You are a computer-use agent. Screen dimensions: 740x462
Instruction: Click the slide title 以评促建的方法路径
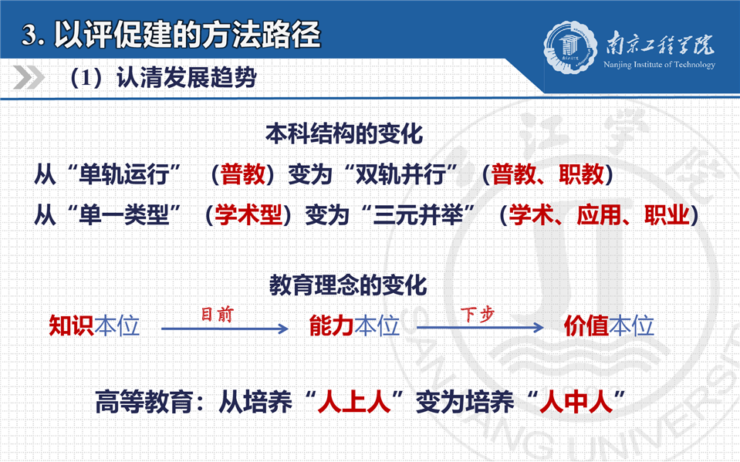point(188,35)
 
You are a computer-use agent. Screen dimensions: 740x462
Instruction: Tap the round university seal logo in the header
point(569,48)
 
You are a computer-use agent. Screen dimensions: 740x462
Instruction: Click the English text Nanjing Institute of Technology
point(659,65)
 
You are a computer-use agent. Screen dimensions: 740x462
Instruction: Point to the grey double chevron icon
point(29,77)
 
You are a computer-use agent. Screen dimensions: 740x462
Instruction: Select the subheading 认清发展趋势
point(187,78)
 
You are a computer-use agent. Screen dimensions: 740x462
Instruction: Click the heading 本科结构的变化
point(344,134)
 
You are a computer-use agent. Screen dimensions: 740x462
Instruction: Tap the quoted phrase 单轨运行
point(124,174)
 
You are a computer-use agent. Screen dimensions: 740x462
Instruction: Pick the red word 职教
point(581,174)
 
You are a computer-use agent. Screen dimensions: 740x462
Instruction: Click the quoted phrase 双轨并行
point(400,174)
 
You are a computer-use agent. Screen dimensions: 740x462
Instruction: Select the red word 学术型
point(248,215)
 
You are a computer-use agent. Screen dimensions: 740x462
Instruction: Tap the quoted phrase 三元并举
point(418,215)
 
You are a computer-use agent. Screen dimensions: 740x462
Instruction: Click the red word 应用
point(599,215)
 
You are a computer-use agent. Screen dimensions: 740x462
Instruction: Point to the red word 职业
point(667,215)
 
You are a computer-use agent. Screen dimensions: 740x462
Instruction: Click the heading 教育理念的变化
point(348,285)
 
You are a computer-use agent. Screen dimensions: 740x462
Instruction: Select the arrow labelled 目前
point(225,329)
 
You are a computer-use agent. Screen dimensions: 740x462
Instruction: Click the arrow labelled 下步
point(481,328)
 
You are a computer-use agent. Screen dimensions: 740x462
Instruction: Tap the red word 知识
point(71,326)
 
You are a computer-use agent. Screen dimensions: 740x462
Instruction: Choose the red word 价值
point(586,326)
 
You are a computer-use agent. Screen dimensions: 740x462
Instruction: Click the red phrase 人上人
point(354,402)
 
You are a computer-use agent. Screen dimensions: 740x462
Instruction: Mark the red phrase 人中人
point(576,402)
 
